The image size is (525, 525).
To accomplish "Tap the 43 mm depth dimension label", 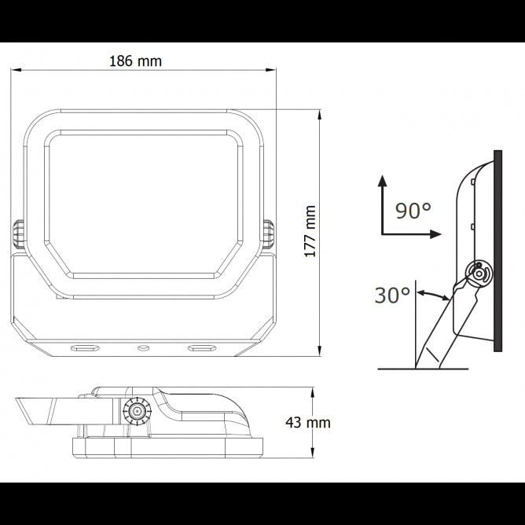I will (307, 422).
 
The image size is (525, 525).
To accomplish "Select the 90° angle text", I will (413, 211).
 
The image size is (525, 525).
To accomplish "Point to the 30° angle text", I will (392, 296).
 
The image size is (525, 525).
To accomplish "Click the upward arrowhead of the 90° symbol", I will (382, 180).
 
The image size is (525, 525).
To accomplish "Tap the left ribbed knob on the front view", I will (17, 235).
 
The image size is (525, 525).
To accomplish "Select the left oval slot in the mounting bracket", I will (83, 347).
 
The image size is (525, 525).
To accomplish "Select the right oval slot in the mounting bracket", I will (200, 347).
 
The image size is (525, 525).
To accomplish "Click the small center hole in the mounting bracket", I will (142, 347).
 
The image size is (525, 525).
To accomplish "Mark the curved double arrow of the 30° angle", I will (435, 296).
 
